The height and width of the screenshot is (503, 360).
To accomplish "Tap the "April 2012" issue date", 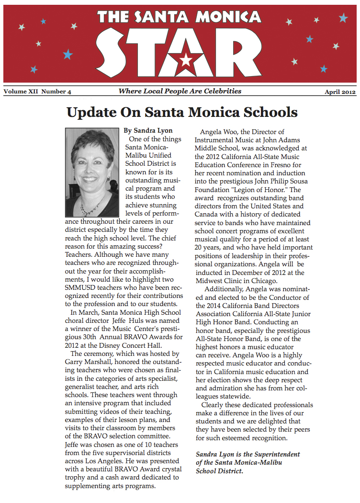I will (340, 92).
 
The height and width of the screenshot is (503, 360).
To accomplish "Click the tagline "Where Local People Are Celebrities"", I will (180, 91).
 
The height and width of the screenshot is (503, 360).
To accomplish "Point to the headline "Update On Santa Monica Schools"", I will (182, 113).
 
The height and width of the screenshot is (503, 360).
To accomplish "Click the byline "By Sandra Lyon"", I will (148, 130).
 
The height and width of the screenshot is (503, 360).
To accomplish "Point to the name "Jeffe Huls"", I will (129, 321).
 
